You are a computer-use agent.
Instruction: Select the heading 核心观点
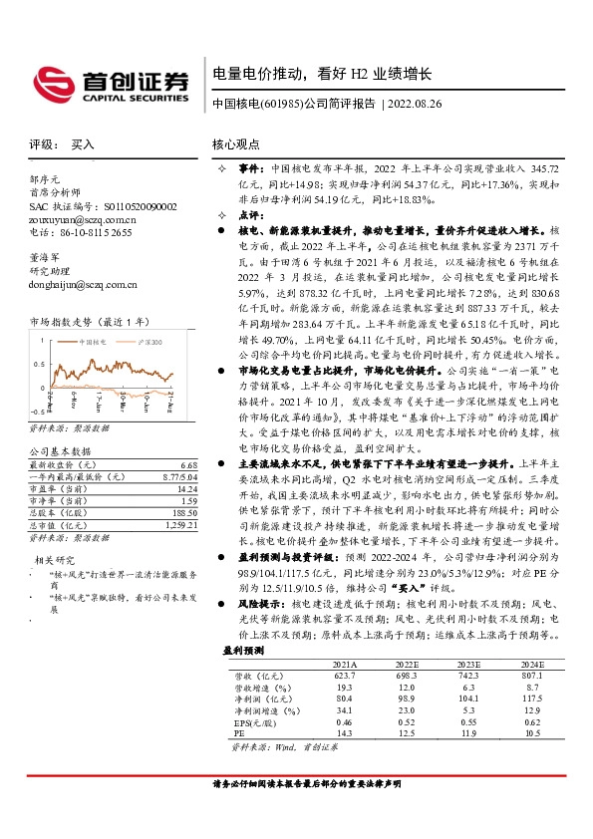[236, 143]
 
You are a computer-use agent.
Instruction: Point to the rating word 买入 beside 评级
[84, 143]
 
